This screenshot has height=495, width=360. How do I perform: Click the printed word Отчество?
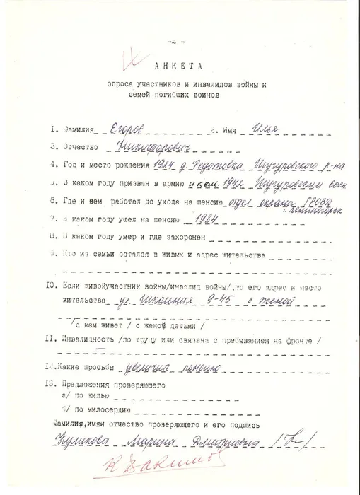click(72, 148)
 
